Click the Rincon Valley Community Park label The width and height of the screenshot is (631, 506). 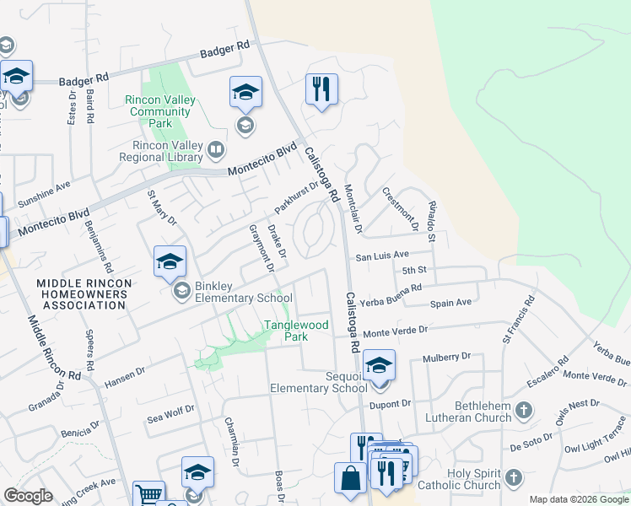tap(160, 111)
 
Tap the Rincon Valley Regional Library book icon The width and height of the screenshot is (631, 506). tap(217, 151)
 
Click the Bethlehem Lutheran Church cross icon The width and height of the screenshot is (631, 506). tap(524, 411)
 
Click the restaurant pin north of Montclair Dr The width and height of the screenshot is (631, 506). tap(321, 89)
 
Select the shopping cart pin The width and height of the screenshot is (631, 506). tap(149, 495)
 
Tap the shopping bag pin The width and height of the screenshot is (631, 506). tap(350, 477)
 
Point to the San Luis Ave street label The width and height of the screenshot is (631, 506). tap(381, 255)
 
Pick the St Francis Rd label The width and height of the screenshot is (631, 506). tap(518, 319)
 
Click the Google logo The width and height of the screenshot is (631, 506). tap(28, 496)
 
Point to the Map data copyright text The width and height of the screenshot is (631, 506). tap(579, 499)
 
